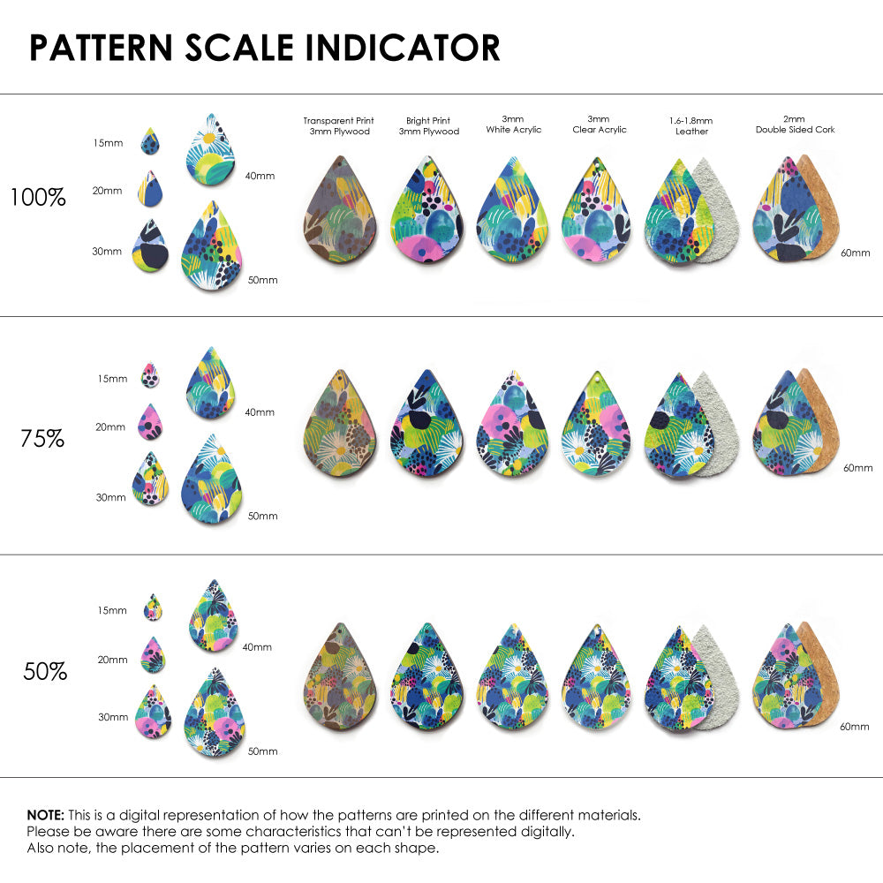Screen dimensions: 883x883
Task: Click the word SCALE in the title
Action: (238, 48)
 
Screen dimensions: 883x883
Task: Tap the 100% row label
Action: (38, 198)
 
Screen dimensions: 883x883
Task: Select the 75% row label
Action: (42, 438)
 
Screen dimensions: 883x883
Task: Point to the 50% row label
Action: (45, 672)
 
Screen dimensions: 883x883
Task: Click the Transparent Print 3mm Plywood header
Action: (338, 126)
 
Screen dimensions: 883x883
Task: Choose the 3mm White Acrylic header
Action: (513, 125)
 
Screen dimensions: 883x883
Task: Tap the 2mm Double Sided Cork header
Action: (795, 125)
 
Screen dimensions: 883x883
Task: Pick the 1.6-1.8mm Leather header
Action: (691, 125)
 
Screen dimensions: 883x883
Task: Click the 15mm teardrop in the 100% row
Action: (151, 142)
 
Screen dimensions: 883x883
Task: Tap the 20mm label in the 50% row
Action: (112, 660)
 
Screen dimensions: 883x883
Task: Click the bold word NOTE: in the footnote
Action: (45, 814)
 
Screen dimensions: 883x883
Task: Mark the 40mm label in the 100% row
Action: (260, 176)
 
